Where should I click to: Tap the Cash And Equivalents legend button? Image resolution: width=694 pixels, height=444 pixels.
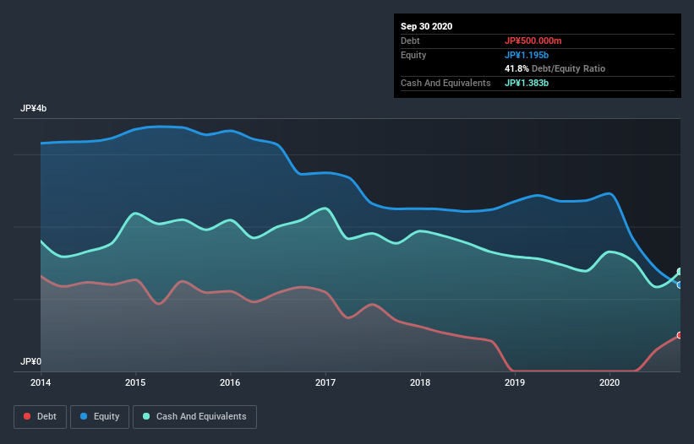(194, 416)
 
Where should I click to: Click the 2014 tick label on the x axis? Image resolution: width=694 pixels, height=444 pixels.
(41, 383)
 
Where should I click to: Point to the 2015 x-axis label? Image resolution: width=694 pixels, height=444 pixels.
(135, 383)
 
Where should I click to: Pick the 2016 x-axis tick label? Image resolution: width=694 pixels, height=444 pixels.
(230, 383)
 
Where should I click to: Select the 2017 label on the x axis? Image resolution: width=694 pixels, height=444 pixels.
(325, 383)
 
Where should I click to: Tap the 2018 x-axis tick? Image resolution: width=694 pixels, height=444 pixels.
(420, 383)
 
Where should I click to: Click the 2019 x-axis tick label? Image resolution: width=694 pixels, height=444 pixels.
(515, 383)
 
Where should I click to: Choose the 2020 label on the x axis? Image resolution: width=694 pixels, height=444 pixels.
(609, 383)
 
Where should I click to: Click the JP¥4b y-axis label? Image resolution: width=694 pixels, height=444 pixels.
(34, 109)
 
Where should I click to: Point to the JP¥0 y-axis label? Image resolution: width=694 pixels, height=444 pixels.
(31, 361)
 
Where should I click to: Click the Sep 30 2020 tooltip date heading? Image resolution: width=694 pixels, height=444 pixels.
(426, 26)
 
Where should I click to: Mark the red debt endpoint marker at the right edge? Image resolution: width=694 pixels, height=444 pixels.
(680, 335)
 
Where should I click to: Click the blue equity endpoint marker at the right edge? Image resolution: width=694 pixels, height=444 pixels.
(680, 284)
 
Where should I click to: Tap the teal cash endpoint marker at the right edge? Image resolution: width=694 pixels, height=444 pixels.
(680, 272)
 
